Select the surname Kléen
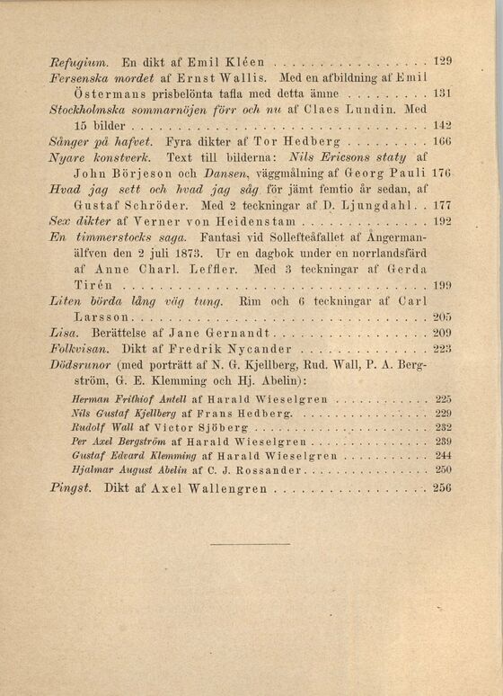pos(240,64)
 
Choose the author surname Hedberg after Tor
pos(313,141)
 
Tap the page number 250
pos(442,468)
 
